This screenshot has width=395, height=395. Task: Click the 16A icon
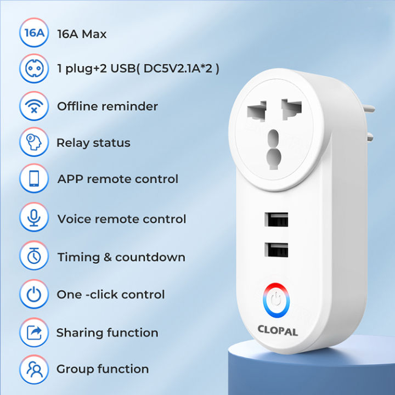click(x=34, y=33)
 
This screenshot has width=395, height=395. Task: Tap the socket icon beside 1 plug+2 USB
click(x=34, y=69)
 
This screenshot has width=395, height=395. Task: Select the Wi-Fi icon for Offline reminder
click(x=34, y=106)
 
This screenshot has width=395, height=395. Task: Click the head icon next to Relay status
click(x=34, y=143)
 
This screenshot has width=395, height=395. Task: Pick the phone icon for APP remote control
click(x=34, y=179)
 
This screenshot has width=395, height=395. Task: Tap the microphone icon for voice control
click(x=34, y=218)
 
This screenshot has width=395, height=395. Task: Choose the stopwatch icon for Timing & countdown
click(x=34, y=257)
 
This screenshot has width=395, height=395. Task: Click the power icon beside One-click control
click(x=34, y=295)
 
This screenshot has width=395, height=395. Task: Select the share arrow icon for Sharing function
click(x=34, y=332)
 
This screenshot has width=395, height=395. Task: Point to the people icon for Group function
click(x=34, y=369)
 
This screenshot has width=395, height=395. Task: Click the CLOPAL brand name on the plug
click(x=278, y=330)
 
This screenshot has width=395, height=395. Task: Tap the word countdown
click(x=150, y=257)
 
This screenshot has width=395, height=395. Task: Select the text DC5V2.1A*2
click(x=176, y=70)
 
